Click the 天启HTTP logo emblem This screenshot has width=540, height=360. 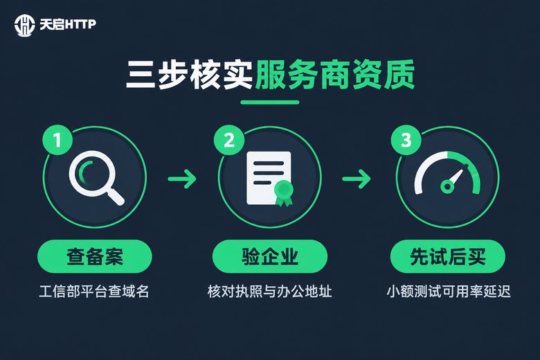click(x=24, y=24)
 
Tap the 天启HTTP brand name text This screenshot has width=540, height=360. click(x=68, y=24)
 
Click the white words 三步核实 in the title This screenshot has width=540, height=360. click(x=189, y=75)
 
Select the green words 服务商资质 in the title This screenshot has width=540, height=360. click(x=335, y=75)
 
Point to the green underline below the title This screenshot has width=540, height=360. click(x=270, y=102)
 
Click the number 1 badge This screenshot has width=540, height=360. click(x=57, y=140)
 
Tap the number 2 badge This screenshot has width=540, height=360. click(x=229, y=140)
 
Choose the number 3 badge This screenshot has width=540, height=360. click(x=406, y=140)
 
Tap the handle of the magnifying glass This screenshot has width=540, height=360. click(x=116, y=197)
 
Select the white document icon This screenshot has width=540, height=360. click(x=269, y=178)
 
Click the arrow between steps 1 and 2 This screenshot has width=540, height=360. click(x=182, y=179)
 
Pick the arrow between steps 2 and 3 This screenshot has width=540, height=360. click(x=357, y=179)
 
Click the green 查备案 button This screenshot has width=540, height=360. click(x=95, y=257)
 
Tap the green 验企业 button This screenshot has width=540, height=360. click(x=270, y=257)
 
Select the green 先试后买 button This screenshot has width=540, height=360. click(x=448, y=257)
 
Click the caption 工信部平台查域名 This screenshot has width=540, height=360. click(x=94, y=291)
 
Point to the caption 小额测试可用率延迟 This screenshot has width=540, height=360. click(x=449, y=291)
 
